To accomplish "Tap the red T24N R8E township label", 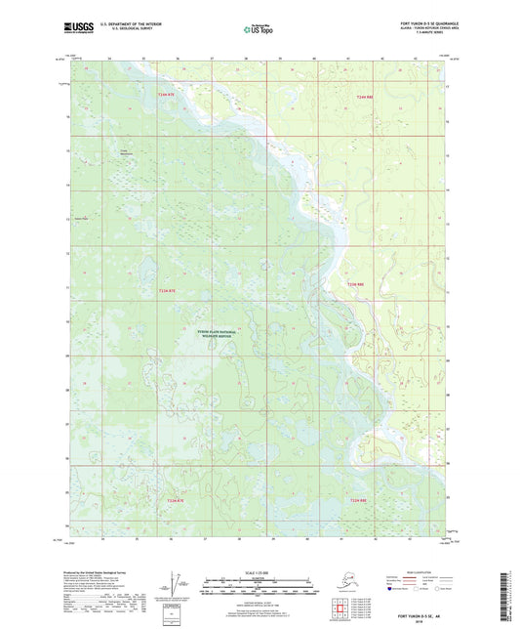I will (365, 97).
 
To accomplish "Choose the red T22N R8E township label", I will (358, 500).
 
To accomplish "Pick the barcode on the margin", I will (511, 592).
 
